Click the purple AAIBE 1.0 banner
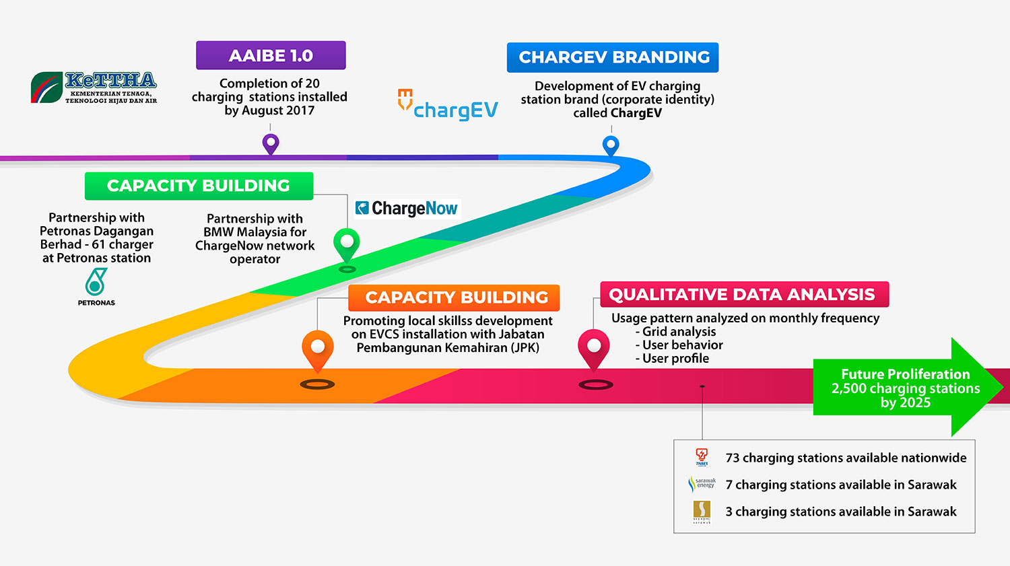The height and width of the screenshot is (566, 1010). tap(271, 55)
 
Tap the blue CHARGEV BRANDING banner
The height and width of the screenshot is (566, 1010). tap(613, 57)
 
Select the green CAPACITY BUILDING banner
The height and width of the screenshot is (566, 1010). tap(199, 186)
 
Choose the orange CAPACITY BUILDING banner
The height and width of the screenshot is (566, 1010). tap(454, 297)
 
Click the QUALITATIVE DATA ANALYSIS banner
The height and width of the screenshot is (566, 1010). tap(744, 294)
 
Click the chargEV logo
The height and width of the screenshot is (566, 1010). tap(448, 106)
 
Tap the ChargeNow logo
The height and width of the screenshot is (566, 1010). tap(407, 209)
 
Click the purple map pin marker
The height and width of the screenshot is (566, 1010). tap(271, 143)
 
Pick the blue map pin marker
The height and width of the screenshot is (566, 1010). tap(611, 145)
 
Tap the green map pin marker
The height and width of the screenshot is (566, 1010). tap(347, 243)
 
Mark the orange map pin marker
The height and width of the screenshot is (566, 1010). tap(318, 349)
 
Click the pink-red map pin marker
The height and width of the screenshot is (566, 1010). tap(594, 347)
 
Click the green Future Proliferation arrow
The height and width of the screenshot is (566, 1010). tap(906, 388)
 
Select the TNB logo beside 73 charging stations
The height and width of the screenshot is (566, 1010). tap(702, 458)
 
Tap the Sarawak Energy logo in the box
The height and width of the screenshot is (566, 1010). tap(702, 484)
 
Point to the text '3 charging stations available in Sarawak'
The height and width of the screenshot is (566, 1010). tap(841, 511)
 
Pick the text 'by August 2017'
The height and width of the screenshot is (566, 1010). tap(269, 110)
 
